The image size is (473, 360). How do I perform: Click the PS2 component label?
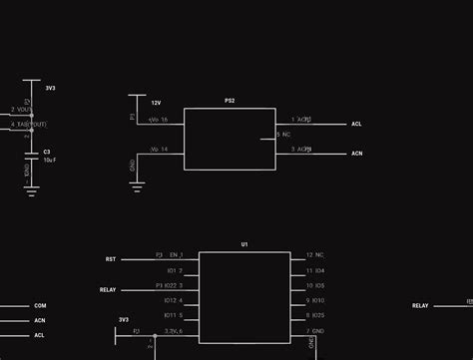[x=230, y=102]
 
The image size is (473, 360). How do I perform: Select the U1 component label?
[x=244, y=244]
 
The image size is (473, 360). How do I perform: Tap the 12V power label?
[x=156, y=103]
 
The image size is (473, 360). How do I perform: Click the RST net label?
[x=111, y=259]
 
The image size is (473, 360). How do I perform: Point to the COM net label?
[x=40, y=306]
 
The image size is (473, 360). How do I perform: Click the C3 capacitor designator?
[x=47, y=152]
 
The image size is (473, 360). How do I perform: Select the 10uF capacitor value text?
[x=48, y=160]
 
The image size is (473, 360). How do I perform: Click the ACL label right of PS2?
[x=356, y=125]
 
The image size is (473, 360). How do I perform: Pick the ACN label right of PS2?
[x=356, y=154]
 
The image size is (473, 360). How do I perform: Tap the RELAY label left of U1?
[x=109, y=290]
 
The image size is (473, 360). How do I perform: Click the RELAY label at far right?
[x=420, y=306]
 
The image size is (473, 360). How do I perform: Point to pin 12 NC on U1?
[x=315, y=255]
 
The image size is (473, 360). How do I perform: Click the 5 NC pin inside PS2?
[x=283, y=134]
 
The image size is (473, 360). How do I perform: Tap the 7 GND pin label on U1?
[x=315, y=330]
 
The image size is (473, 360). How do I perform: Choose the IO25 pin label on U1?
[x=315, y=315]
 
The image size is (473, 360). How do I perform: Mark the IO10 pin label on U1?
[x=315, y=300]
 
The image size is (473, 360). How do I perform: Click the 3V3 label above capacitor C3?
[x=50, y=88]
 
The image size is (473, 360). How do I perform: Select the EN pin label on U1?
[x=176, y=255]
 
